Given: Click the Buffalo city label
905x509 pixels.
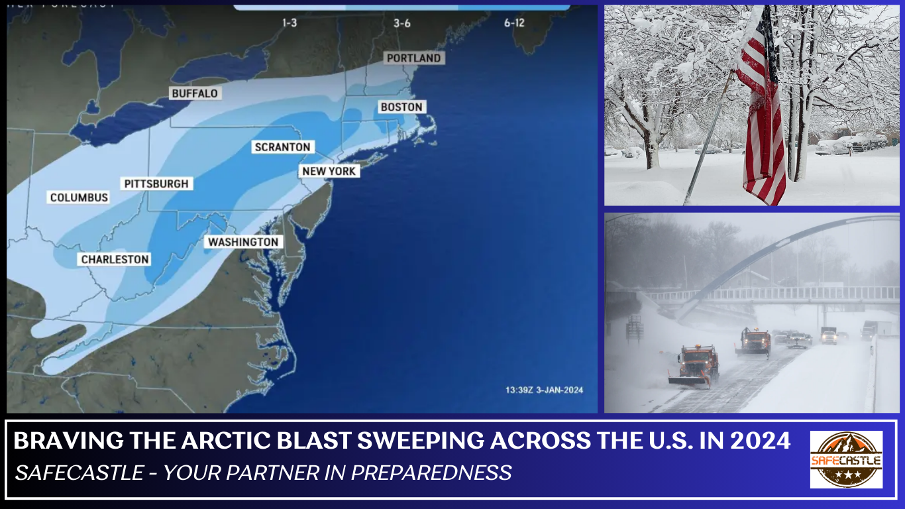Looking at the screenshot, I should point(195,93).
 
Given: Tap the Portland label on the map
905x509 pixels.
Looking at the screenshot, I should point(413,58).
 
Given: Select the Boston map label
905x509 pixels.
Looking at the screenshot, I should point(401,107).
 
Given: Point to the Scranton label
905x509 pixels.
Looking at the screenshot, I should point(282,147).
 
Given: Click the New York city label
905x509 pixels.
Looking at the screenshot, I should point(329,171).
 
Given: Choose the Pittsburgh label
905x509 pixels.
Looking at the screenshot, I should point(156,184).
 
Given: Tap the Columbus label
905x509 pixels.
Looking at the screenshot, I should point(79,198).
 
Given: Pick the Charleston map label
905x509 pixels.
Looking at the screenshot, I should point(115,259).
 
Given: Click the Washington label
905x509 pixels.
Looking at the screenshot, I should point(243,242).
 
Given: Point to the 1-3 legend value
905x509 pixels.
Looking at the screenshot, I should point(290,23).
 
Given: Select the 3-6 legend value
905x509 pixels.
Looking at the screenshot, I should point(401,23).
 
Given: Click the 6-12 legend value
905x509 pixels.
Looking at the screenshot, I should point(514,23).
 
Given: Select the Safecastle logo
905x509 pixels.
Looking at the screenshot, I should point(846,459).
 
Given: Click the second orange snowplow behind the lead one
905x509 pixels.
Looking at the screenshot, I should point(754,342).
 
